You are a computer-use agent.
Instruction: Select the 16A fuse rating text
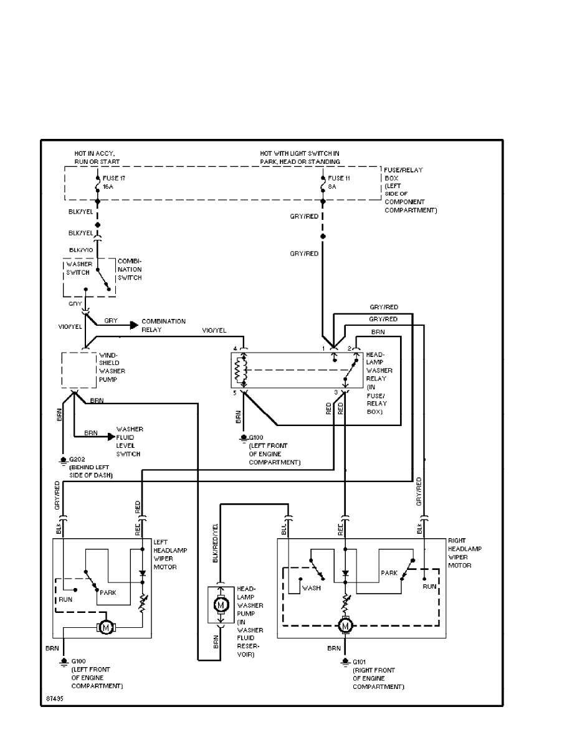click(x=108, y=185)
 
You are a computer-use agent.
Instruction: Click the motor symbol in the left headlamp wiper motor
click(x=105, y=627)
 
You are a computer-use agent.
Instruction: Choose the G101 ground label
click(x=361, y=662)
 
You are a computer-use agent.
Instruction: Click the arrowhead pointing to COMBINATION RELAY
click(x=133, y=325)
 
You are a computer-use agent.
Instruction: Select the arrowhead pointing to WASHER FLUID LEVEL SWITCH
click(x=112, y=437)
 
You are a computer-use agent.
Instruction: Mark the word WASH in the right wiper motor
click(x=311, y=587)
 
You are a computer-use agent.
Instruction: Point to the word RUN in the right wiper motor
click(x=429, y=586)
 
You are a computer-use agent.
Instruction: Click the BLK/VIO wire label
click(x=81, y=250)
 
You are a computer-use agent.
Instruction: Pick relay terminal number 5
click(x=235, y=393)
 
